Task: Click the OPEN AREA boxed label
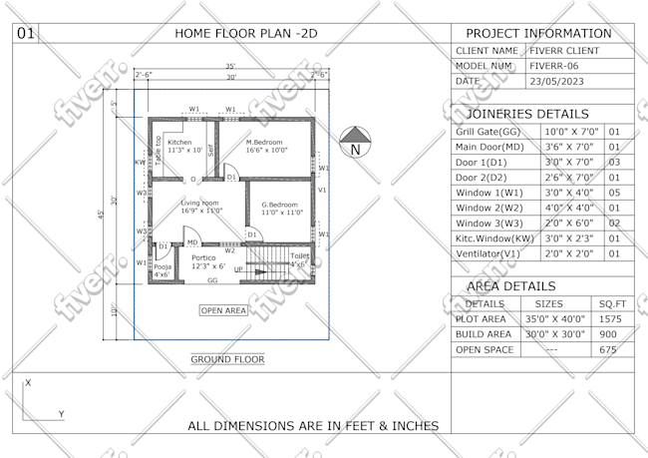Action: click(223, 310)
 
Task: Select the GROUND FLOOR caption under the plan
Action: click(227, 358)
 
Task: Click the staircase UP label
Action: click(237, 269)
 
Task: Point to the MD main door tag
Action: click(191, 241)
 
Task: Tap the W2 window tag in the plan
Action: click(229, 249)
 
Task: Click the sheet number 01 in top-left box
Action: click(26, 33)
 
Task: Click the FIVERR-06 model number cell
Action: click(556, 65)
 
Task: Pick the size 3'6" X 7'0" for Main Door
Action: click(570, 146)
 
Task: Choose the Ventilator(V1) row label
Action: click(488, 253)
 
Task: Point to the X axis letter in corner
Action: click(28, 382)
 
